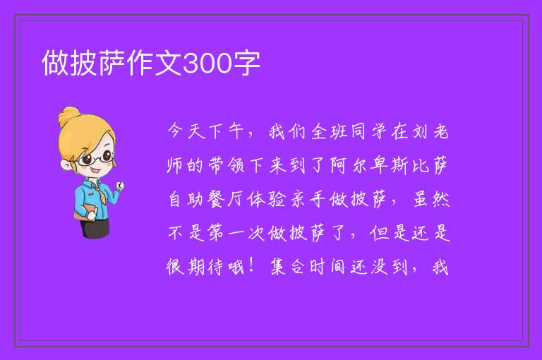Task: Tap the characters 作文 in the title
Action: (154, 63)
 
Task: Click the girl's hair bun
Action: (69, 116)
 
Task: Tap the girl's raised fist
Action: (119, 186)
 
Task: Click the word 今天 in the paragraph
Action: (186, 131)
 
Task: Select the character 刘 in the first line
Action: (420, 131)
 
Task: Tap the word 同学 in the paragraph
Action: (368, 131)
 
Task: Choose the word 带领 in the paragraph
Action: (227, 165)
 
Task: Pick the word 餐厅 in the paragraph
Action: (227, 199)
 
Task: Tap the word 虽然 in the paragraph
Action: (431, 199)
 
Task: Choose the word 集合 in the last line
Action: (287, 267)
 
